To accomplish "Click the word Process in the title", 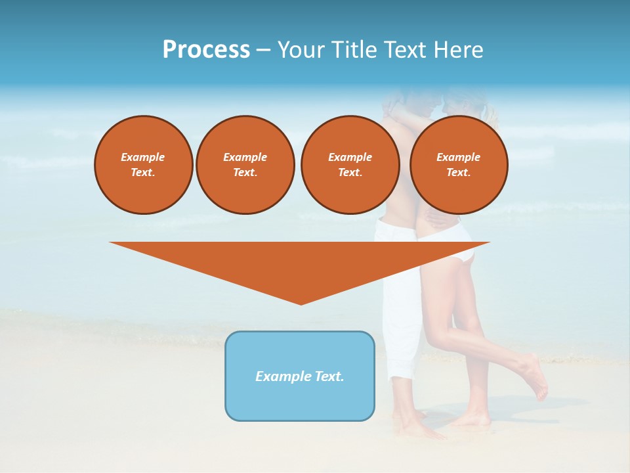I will pos(206,50).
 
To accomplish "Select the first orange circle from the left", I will pos(143,165).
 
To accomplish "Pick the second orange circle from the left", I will pos(245,165).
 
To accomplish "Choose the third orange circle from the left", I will pos(350,165).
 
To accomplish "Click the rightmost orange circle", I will pos(458,165).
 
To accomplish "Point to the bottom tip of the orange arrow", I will pos(301,304).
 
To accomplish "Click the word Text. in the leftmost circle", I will pos(143,173).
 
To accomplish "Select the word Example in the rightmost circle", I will pos(458,157).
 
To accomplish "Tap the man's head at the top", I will pos(400,99).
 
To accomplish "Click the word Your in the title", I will pos(298,50).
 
